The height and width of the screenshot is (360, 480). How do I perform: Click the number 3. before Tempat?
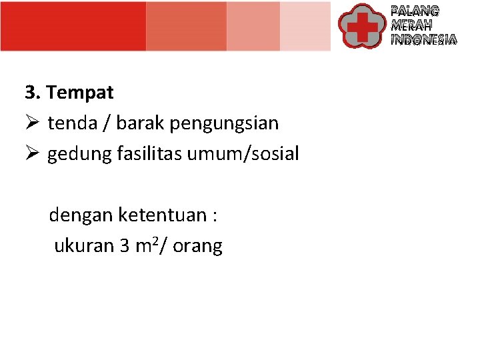(33, 93)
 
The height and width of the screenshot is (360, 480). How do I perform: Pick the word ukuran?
(84, 246)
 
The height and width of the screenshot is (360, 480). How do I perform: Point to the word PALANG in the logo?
(415, 11)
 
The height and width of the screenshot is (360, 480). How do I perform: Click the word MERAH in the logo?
(411, 25)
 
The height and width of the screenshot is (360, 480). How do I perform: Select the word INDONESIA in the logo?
(423, 40)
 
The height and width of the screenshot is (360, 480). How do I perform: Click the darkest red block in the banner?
(73, 26)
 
